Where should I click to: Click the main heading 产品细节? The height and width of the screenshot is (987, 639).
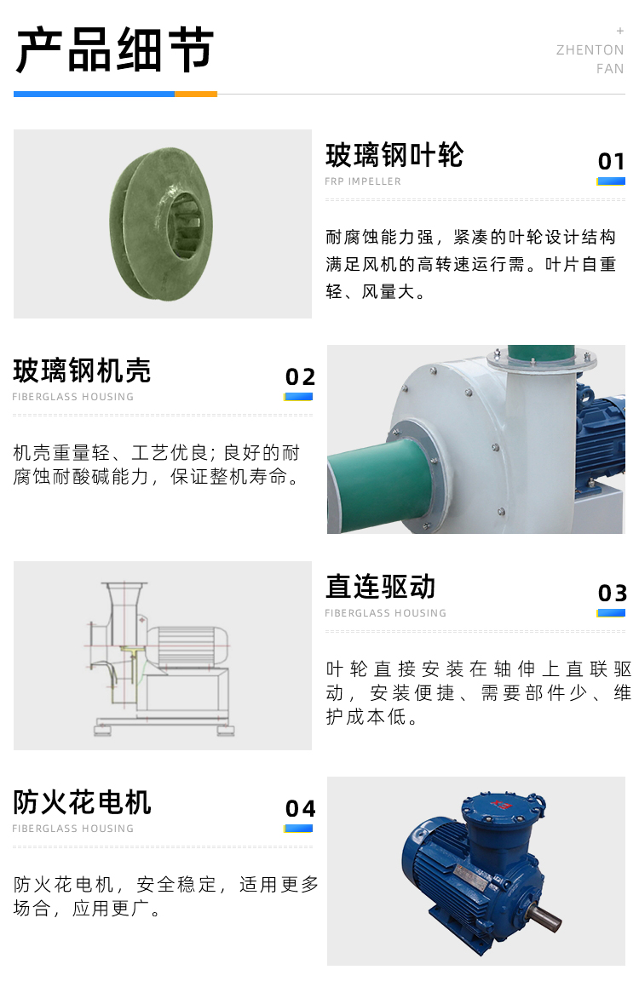coord(114,50)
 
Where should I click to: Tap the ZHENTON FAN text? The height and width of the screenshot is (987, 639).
coord(590,59)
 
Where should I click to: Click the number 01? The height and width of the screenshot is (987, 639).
coord(611,162)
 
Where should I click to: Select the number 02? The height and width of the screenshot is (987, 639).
coord(300,377)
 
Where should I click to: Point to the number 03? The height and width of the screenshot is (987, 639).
coord(613,593)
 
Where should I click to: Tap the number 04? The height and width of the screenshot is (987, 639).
coord(300,808)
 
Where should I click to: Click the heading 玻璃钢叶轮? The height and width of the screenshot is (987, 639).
coord(394,155)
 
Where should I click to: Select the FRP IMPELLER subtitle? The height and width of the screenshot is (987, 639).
coord(363,181)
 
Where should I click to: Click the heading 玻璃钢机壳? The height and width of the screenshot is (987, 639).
coord(82,370)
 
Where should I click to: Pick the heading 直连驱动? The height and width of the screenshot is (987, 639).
coord(380,587)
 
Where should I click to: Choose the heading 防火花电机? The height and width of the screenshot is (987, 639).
coord(82,802)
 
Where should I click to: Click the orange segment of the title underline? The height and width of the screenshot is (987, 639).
coord(196,95)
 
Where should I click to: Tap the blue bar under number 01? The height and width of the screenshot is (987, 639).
coord(611,181)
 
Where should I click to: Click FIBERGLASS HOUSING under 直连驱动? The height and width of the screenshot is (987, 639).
coord(385,613)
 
